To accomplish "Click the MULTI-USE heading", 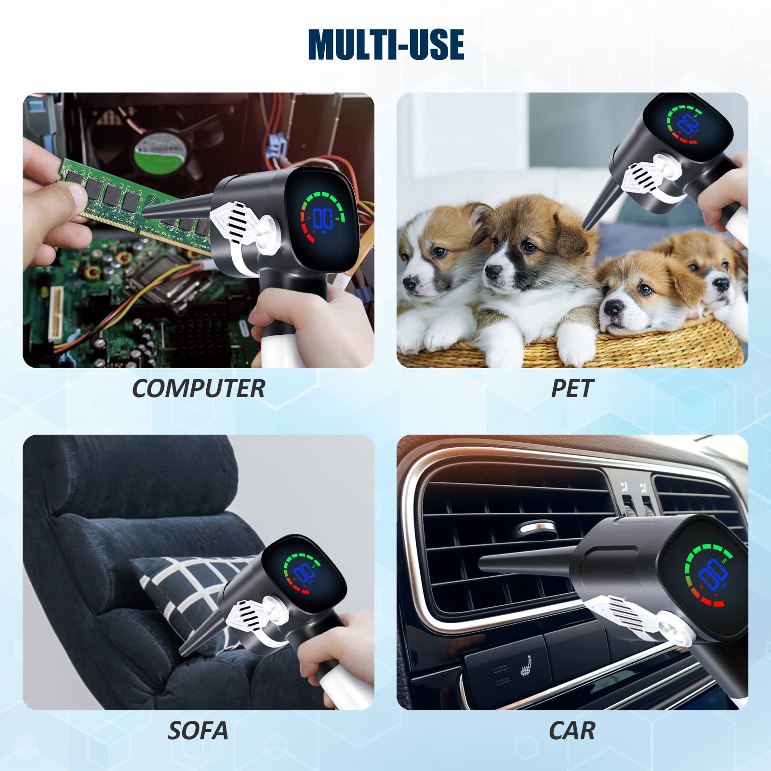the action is tap(386, 44).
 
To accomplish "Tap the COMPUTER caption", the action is tap(199, 388).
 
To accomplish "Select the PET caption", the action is tap(572, 388).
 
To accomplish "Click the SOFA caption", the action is tap(198, 731).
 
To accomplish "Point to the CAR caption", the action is tap(572, 731).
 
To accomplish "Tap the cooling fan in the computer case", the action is tap(161, 149).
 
